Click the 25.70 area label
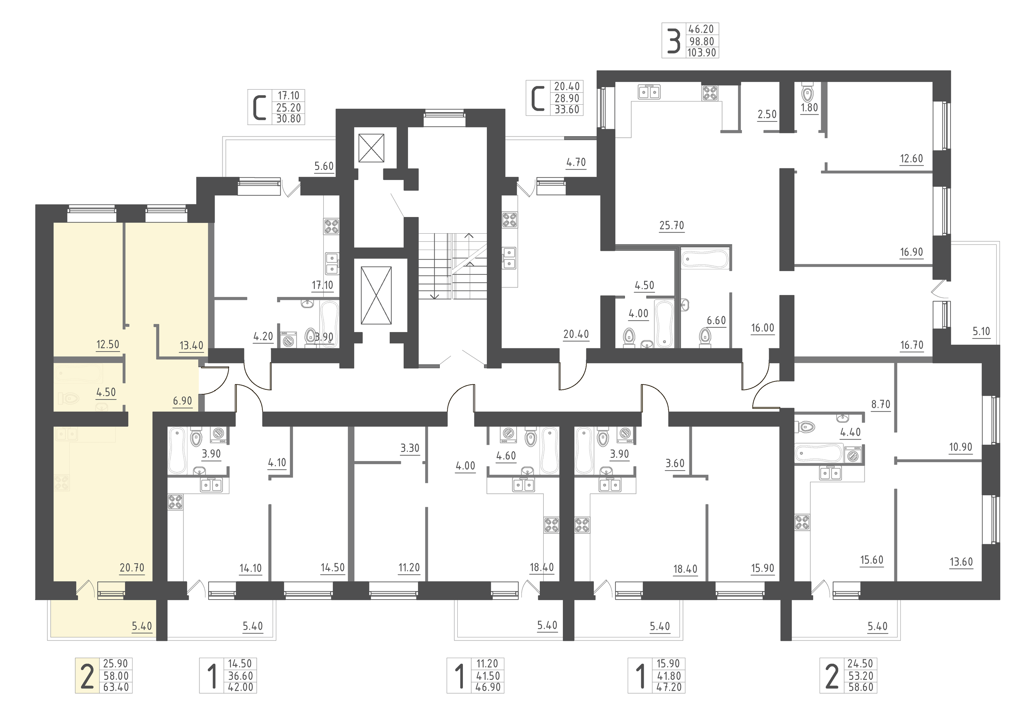pos(672,225)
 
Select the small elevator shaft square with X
pos(371,148)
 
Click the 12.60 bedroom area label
pos(911,158)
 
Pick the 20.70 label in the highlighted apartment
pos(132,567)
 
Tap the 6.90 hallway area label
pos(182,401)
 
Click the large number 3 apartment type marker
pos(674,41)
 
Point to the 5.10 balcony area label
pos(981,331)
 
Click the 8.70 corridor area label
pos(880,404)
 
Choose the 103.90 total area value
pos(702,53)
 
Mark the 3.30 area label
pos(410,448)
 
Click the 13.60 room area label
pos(961,562)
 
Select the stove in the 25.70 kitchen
pos(710,93)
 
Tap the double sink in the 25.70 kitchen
pos(649,92)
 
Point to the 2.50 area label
pos(767,115)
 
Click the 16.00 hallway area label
pos(763,328)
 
